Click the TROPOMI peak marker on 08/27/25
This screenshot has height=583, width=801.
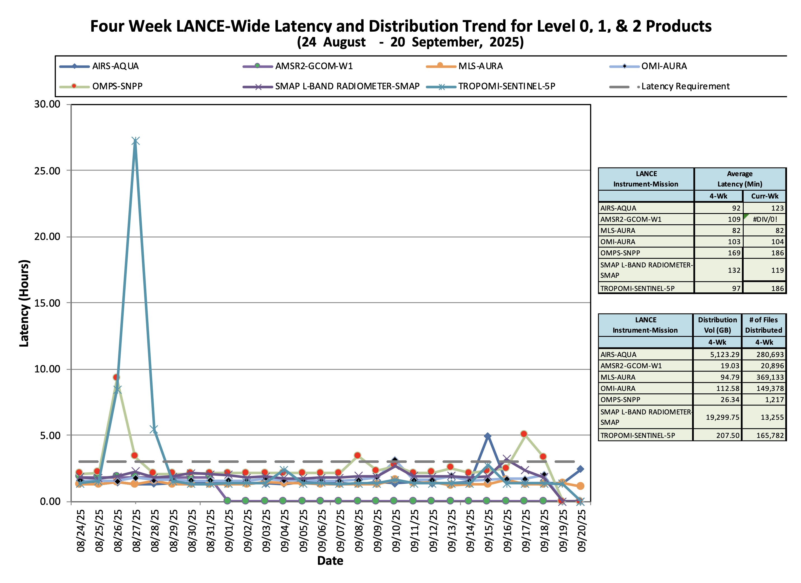(135, 141)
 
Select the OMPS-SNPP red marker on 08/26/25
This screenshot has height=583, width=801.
(116, 377)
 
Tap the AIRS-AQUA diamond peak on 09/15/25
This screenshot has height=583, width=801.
(488, 436)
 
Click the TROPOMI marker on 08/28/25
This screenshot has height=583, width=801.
(154, 429)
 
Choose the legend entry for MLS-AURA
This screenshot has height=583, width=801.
(480, 66)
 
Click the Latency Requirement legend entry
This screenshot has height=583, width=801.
(685, 87)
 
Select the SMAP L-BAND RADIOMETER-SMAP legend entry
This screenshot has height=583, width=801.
(347, 87)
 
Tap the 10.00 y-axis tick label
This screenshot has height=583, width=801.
(47, 369)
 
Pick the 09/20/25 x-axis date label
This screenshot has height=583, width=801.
(582, 530)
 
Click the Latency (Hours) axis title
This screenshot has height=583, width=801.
(24, 303)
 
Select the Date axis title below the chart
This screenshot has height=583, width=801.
(330, 561)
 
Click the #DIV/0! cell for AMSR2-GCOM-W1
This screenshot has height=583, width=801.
(765, 219)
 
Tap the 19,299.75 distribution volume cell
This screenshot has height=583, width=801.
(722, 417)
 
